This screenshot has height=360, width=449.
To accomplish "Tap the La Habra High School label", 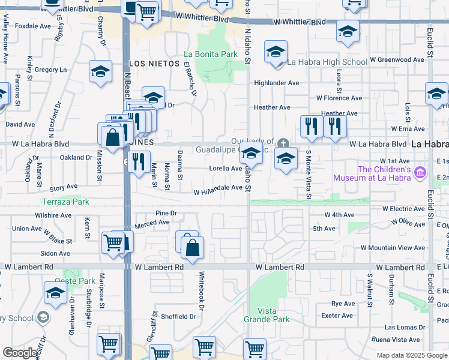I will pos(327,62).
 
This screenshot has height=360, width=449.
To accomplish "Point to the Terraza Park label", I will pos(65,202).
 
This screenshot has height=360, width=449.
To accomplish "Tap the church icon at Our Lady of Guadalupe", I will pos(283,143).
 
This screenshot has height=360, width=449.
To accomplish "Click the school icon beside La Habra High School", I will pos(276,52).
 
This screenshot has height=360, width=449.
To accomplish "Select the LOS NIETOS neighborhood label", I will pos(155,63).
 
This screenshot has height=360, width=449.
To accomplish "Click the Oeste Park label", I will pos(75,281).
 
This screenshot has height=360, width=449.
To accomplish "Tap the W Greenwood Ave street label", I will pos(397,60).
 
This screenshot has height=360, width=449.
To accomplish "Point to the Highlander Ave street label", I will pos(277,83).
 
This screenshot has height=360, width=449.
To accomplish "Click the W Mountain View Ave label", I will pos(393,248).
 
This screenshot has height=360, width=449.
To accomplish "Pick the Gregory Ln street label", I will pos(51,70).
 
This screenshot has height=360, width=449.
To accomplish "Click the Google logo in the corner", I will pos(20,353).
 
